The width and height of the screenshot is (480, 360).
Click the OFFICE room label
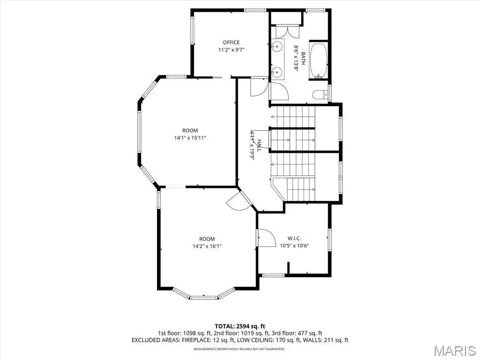tap(231, 42)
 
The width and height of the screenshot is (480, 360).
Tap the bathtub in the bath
tap(319, 60)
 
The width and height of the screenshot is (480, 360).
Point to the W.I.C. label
tap(294, 238)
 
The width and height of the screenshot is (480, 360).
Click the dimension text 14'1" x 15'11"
tap(190, 138)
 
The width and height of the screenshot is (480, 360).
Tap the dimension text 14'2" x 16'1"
tap(207, 246)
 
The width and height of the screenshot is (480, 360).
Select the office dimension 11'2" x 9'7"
tap(231, 50)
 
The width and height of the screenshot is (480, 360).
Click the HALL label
tap(259, 145)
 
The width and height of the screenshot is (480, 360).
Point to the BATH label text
tap(303, 58)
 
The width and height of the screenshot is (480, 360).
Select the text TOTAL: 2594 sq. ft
tap(240, 326)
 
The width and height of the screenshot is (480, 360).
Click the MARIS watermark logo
tap(454, 351)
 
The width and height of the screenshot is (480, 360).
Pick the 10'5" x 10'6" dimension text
tap(294, 246)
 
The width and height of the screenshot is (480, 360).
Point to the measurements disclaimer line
tap(239, 349)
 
